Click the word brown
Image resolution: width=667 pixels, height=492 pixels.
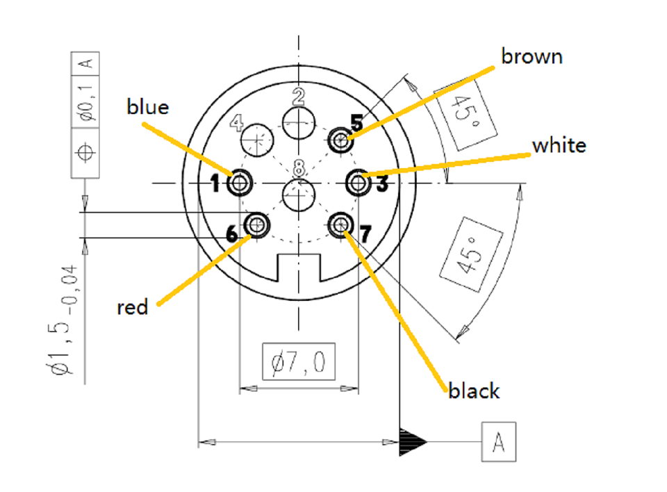[x=532, y=56]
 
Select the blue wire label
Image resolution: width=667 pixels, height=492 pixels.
[x=147, y=107]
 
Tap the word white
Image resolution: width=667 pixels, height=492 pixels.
[x=559, y=145]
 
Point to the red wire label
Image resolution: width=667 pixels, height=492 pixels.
[x=133, y=307]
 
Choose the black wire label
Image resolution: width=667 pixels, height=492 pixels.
[x=473, y=391]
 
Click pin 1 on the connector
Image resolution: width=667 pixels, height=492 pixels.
[x=240, y=184]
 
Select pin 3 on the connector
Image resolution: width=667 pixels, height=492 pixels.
[x=359, y=183]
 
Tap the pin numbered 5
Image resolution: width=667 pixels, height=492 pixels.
[x=340, y=140]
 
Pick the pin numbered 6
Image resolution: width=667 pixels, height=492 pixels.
[x=258, y=224]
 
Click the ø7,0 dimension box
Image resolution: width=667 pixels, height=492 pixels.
[x=298, y=362]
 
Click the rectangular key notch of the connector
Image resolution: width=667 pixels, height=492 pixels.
[x=299, y=268]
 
